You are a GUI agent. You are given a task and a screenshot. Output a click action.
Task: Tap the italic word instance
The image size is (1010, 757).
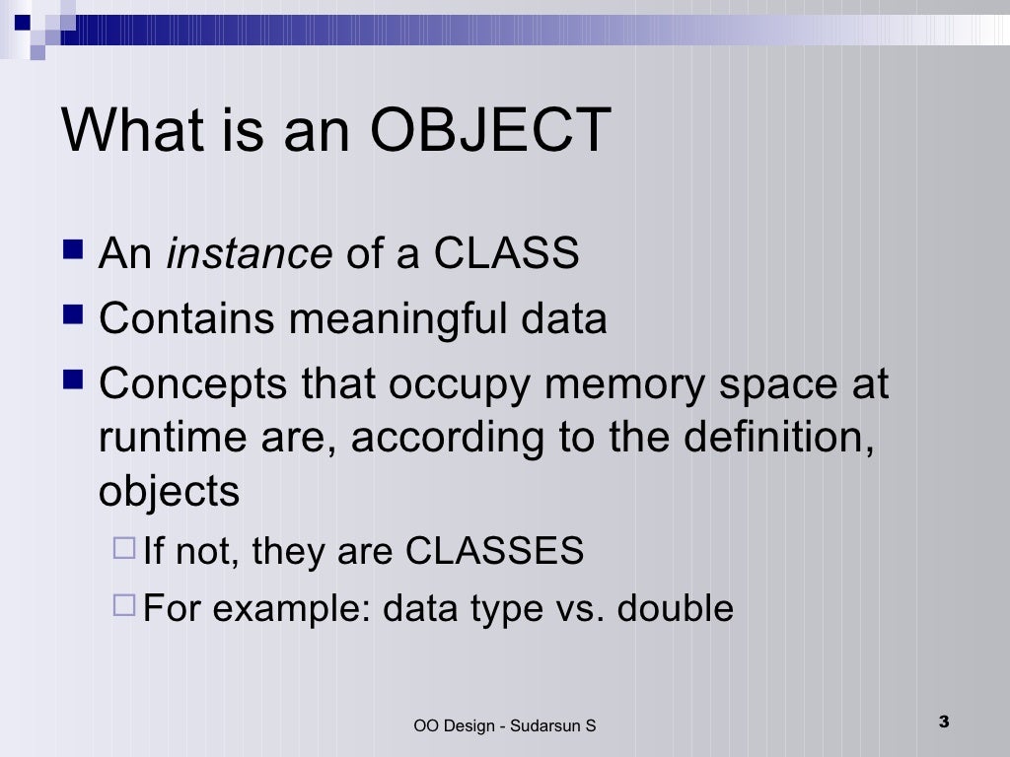[x=249, y=254]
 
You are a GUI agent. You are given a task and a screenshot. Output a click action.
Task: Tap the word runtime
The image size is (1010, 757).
[x=157, y=437]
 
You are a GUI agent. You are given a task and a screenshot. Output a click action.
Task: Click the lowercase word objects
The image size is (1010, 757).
[x=169, y=490]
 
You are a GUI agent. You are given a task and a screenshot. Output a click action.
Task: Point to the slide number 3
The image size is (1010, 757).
[x=943, y=722]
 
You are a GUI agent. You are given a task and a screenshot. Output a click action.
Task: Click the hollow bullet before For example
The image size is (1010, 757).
[x=124, y=606]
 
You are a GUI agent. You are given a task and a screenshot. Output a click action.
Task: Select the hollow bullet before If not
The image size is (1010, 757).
[x=124, y=549]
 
